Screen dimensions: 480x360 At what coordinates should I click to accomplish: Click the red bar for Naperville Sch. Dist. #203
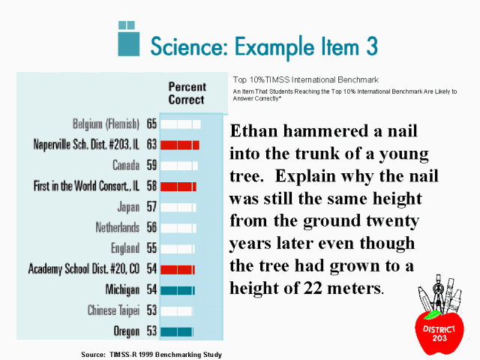[180, 145]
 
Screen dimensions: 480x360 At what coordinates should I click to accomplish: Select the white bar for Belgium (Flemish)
[181, 124]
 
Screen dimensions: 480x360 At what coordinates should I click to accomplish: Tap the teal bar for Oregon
[177, 331]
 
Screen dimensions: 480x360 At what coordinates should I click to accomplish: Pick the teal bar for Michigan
[178, 290]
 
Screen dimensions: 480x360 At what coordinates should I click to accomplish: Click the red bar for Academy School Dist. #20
[178, 269]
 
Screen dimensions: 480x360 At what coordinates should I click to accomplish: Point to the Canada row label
[126, 165]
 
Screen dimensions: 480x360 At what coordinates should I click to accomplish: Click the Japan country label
[128, 207]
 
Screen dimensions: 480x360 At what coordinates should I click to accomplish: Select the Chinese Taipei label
[113, 310]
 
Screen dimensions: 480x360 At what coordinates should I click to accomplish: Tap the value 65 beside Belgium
[151, 124]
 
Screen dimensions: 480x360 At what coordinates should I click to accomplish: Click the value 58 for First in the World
[151, 186]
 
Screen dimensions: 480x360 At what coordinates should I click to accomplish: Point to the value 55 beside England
[151, 248]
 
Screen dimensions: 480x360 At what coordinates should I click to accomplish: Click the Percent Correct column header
[187, 93]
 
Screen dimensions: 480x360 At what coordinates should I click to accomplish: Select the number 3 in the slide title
[372, 46]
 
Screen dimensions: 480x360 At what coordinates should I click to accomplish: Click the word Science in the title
[189, 46]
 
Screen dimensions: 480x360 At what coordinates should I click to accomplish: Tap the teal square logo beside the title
[129, 38]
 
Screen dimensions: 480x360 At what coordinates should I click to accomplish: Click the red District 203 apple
[439, 332]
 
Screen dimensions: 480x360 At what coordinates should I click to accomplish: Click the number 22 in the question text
[313, 288]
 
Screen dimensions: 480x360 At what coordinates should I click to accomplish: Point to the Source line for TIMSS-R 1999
[151, 355]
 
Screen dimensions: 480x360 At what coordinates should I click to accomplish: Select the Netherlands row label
[118, 227]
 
